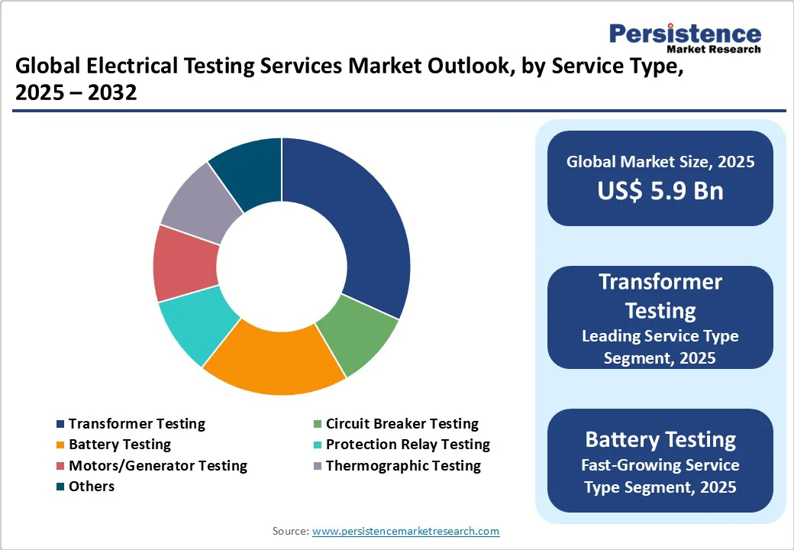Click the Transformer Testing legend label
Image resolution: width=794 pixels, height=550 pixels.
coord(137,423)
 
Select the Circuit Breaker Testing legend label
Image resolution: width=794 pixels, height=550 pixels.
coord(402,423)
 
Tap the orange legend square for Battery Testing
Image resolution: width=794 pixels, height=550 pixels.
coord(60,445)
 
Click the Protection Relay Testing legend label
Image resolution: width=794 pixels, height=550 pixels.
coord(408,444)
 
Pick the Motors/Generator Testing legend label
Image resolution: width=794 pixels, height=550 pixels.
coord(158,465)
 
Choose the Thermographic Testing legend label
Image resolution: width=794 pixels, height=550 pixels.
coord(403,465)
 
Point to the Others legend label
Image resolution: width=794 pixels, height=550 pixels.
coord(92,486)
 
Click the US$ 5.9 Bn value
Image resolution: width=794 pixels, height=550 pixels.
coord(660,190)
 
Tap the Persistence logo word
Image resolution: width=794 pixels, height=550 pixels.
coord(685,34)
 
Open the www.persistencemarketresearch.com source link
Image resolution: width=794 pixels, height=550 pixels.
coord(405,531)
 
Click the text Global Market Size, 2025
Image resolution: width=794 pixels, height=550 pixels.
coord(660,161)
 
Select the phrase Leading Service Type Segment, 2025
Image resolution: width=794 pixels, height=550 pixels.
coord(660,346)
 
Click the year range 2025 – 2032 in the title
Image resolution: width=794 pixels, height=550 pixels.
coord(76,92)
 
